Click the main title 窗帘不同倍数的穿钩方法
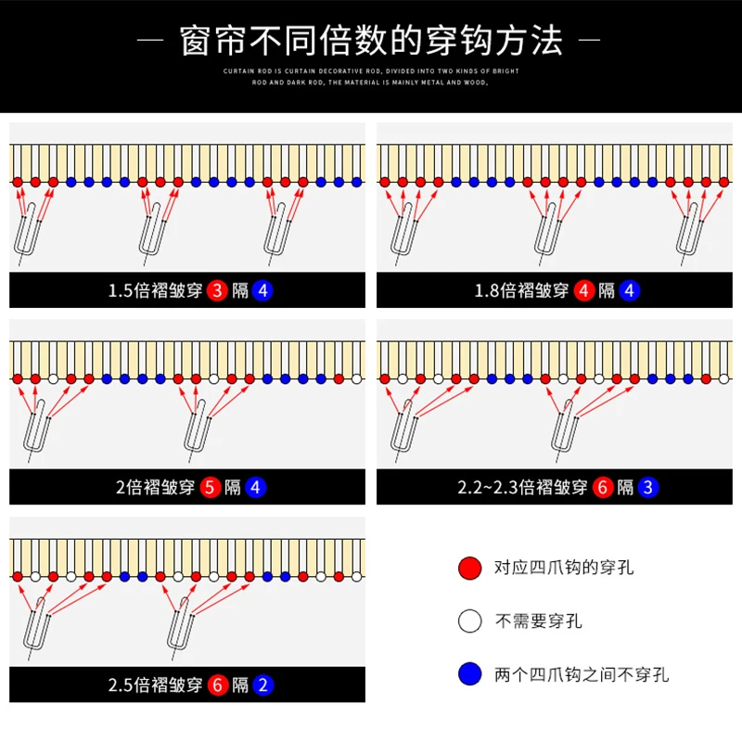tap(371, 41)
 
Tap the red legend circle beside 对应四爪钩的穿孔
tap(470, 567)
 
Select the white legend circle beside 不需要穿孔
tap(470, 620)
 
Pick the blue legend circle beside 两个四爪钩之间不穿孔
tap(470, 674)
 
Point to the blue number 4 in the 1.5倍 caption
tap(262, 290)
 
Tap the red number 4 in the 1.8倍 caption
tap(583, 290)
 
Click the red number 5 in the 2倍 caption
tap(211, 487)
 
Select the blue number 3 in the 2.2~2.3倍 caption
tap(647, 487)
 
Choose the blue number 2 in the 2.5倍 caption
tap(262, 685)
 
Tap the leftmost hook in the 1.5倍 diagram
tap(28, 230)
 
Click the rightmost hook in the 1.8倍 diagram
tap(688, 230)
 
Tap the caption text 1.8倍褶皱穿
tap(521, 290)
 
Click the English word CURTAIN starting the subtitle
tap(241, 71)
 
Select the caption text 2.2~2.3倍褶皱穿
tap(523, 487)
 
